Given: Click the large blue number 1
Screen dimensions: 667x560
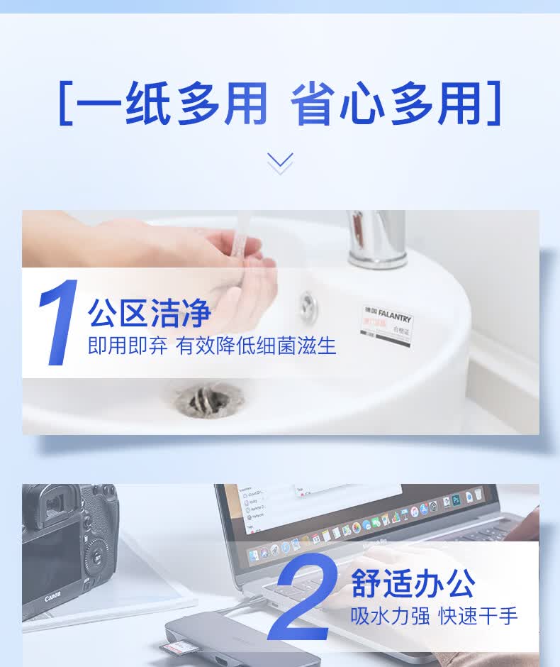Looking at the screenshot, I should coord(58,323).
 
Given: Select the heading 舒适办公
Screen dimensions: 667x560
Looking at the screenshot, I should coord(413,584).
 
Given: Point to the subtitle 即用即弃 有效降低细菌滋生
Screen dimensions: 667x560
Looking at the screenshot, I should coord(212,346).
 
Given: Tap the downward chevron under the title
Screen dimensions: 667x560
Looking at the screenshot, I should coord(280,162).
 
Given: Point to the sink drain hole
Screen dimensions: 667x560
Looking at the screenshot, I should coord(209,400).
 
